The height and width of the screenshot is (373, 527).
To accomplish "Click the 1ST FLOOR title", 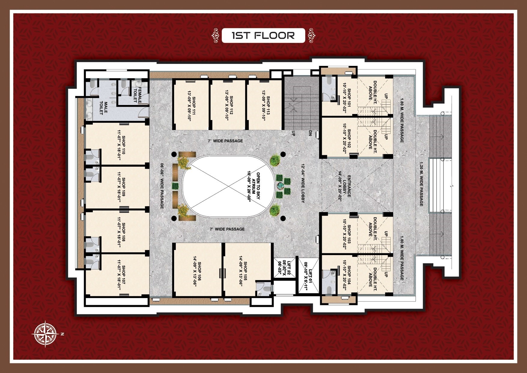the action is click(263, 35).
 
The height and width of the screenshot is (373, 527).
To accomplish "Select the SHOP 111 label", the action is click(194, 104).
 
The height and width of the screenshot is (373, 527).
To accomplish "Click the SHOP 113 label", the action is click(268, 104).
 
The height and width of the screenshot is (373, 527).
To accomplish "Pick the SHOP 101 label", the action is click(349, 97).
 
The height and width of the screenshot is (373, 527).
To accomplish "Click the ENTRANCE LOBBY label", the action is click(347, 186).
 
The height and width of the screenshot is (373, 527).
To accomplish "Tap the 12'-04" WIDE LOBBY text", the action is click(303, 183).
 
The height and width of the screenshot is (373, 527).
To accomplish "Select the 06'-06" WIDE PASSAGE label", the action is click(162, 186).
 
